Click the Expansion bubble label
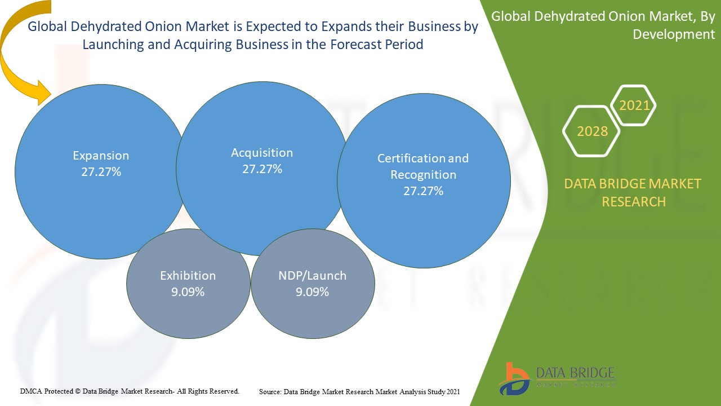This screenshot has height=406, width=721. (101, 156)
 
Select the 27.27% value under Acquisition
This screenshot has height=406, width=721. (262, 169)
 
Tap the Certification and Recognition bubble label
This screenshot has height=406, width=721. (423, 166)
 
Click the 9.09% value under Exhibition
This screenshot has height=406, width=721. (188, 292)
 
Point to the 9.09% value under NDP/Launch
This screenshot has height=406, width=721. (312, 292)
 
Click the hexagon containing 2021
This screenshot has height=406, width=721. (634, 105)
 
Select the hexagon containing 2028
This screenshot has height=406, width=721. (592, 131)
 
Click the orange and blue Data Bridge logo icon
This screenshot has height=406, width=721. (514, 378)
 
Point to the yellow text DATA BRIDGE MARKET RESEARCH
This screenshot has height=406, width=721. (633, 192)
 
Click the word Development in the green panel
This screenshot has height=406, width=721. (674, 34)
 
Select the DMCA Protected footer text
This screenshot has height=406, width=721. (130, 391)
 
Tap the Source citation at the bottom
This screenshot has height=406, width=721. (359, 391)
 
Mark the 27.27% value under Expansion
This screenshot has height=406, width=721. (101, 172)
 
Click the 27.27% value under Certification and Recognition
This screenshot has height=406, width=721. (423, 191)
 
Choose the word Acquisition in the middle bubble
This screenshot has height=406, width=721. (262, 153)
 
